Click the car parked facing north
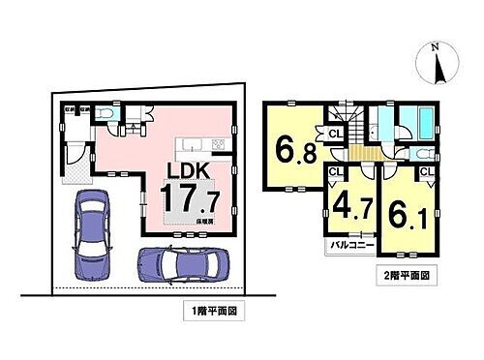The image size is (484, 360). [89, 233]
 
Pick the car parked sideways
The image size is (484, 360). [181, 262]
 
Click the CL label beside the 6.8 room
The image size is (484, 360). [334, 135]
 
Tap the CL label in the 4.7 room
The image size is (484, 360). [335, 173]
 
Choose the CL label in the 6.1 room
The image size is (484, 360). [426, 173]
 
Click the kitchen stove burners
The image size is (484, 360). [217, 146]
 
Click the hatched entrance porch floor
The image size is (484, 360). [76, 175]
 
